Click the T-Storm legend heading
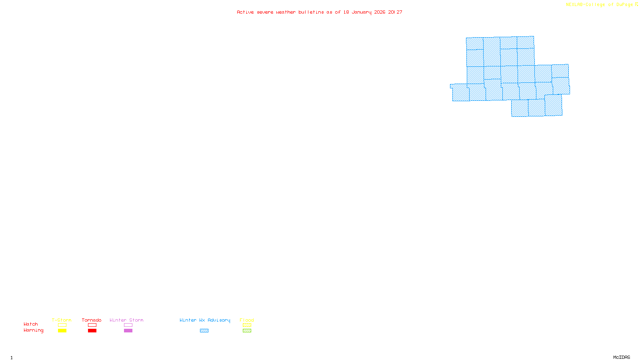coord(62,320)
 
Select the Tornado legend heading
coord(92,320)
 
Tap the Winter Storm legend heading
coord(126,320)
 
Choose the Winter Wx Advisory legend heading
coord(205,320)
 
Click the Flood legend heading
coord(247,320)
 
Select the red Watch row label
coord(31,324)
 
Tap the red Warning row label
coord(34,330)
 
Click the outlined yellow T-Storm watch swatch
coord(62,325)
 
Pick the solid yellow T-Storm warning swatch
coord(62,331)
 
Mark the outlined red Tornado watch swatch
coord(92,325)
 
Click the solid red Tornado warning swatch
coord(92,331)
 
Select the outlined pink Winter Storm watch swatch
coord(128,325)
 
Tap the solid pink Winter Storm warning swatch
coord(128,331)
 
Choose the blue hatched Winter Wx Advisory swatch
coord(204,331)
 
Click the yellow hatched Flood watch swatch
coord(247,325)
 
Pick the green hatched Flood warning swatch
coord(247,331)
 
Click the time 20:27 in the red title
coord(395,12)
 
